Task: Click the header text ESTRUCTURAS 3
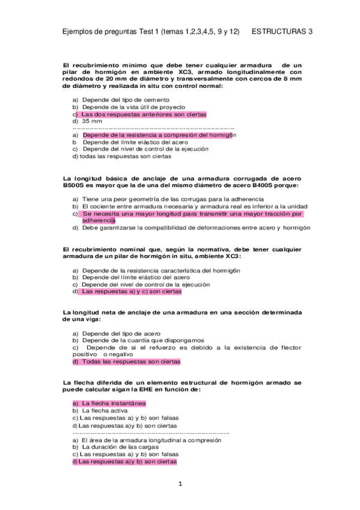click(x=282, y=32)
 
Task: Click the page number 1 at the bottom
click(x=180, y=484)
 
